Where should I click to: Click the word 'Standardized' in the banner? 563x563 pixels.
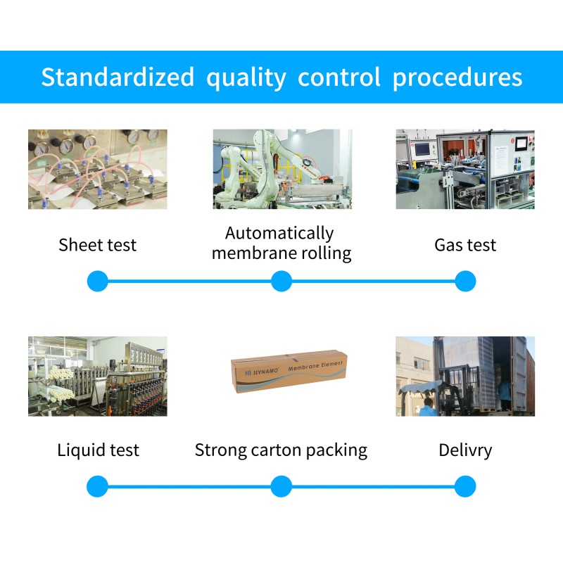(x=118, y=77)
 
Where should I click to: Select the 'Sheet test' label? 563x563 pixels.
(x=98, y=245)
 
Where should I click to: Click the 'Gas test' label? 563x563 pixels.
(x=465, y=245)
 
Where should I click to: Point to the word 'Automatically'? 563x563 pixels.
(x=279, y=234)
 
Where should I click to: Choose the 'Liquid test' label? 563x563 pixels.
(x=98, y=450)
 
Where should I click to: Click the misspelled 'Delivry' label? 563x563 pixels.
(x=465, y=450)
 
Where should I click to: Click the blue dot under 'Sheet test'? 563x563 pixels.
(x=98, y=281)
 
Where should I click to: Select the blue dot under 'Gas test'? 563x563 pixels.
(x=465, y=281)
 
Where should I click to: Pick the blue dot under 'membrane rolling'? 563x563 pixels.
(x=281, y=281)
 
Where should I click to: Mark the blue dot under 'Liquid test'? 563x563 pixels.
(x=97, y=486)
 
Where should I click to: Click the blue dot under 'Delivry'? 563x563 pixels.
(x=465, y=486)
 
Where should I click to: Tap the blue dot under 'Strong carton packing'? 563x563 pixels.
(x=281, y=486)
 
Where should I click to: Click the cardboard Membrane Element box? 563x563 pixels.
(x=289, y=372)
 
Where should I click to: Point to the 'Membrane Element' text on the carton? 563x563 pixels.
(x=315, y=366)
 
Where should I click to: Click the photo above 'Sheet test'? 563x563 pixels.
(x=98, y=169)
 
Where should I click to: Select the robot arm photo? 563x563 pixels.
(x=283, y=169)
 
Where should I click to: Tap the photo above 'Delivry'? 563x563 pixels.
(x=465, y=377)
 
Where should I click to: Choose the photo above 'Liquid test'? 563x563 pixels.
(x=98, y=377)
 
